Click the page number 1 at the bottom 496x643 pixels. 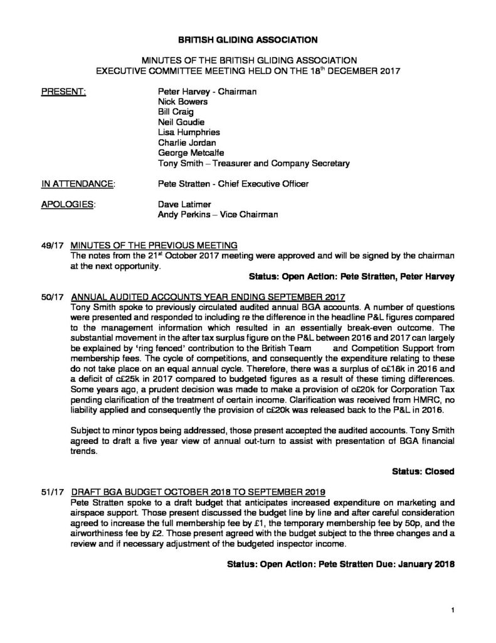tap(451, 610)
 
